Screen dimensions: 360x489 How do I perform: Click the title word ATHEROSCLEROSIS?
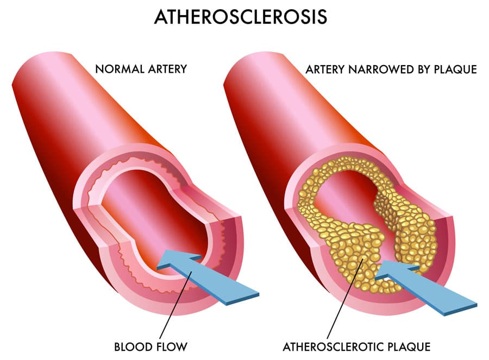tap(240, 17)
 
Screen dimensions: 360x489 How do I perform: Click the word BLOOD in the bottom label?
tap(131, 346)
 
